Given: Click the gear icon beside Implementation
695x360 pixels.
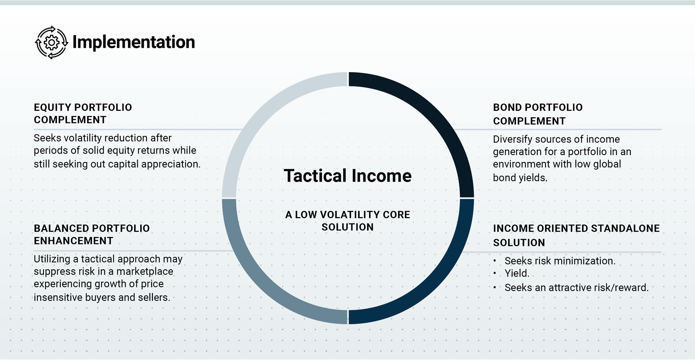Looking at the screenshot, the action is [x=52, y=43].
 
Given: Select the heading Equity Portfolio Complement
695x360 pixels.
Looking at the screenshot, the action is [x=83, y=113].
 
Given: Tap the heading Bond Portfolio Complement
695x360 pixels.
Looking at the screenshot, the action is [x=538, y=114].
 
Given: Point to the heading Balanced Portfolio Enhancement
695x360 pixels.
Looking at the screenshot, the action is [x=92, y=234].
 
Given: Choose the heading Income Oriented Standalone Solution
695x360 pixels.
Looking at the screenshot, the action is [x=576, y=235].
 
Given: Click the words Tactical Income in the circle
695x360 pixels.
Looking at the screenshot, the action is [x=347, y=175].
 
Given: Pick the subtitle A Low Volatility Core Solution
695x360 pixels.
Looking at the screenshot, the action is [x=347, y=221].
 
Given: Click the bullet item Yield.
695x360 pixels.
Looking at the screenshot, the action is [x=517, y=273].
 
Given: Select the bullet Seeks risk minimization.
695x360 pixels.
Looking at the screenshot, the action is [x=560, y=261].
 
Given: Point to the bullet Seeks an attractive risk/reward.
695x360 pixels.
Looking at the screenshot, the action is [x=576, y=287].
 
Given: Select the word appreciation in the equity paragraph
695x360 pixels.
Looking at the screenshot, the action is [x=171, y=164].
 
